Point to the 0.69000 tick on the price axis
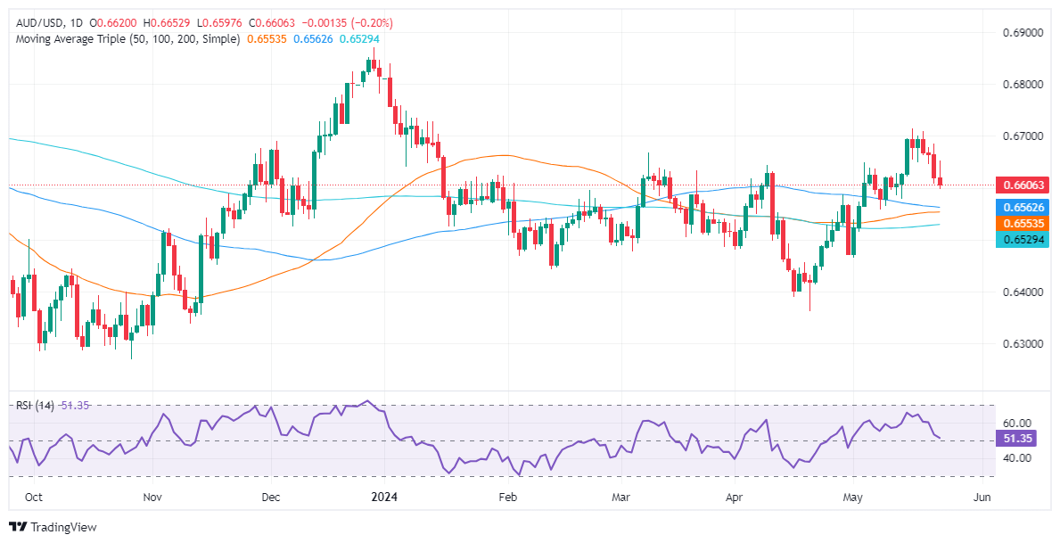pyautogui.click(x=1017, y=33)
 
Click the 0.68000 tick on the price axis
pyautogui.click(x=1017, y=85)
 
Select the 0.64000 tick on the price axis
pyautogui.click(x=1017, y=292)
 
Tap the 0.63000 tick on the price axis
pyautogui.click(x=1017, y=344)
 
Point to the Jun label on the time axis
pyautogui.click(x=981, y=496)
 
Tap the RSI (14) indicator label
pyautogui.click(x=36, y=406)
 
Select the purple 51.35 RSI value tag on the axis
pyautogui.click(x=1017, y=440)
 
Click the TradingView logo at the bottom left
pyautogui.click(x=53, y=527)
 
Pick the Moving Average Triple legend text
pyautogui.click(x=126, y=39)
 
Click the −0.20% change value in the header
pyautogui.click(x=372, y=22)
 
